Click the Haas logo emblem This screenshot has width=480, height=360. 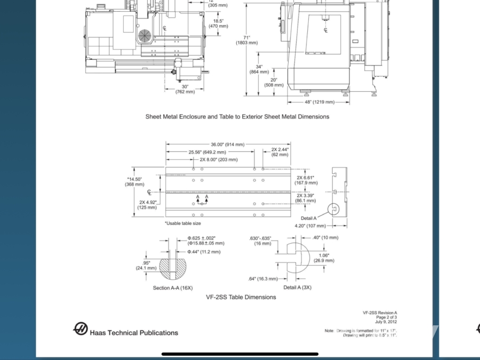click(81, 329)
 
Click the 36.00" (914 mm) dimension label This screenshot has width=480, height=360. click(227, 145)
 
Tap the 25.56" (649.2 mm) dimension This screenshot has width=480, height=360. click(207, 152)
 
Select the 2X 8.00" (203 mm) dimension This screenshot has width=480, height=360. click(219, 159)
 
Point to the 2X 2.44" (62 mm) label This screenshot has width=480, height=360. click(279, 152)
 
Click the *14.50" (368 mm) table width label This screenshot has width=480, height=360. click(134, 182)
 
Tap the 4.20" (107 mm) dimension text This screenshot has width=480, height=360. click(310, 226)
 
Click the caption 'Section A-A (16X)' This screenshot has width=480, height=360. click(172, 288)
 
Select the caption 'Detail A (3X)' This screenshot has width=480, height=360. click(297, 287)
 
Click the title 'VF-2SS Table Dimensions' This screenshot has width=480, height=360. click(241, 297)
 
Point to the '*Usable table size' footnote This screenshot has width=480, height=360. click(182, 223)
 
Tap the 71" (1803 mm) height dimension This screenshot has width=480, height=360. click(246, 40)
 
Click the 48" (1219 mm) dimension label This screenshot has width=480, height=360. click(319, 102)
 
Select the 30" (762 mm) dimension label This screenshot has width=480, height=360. click(185, 89)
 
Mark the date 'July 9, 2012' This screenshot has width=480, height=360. click(386, 322)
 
